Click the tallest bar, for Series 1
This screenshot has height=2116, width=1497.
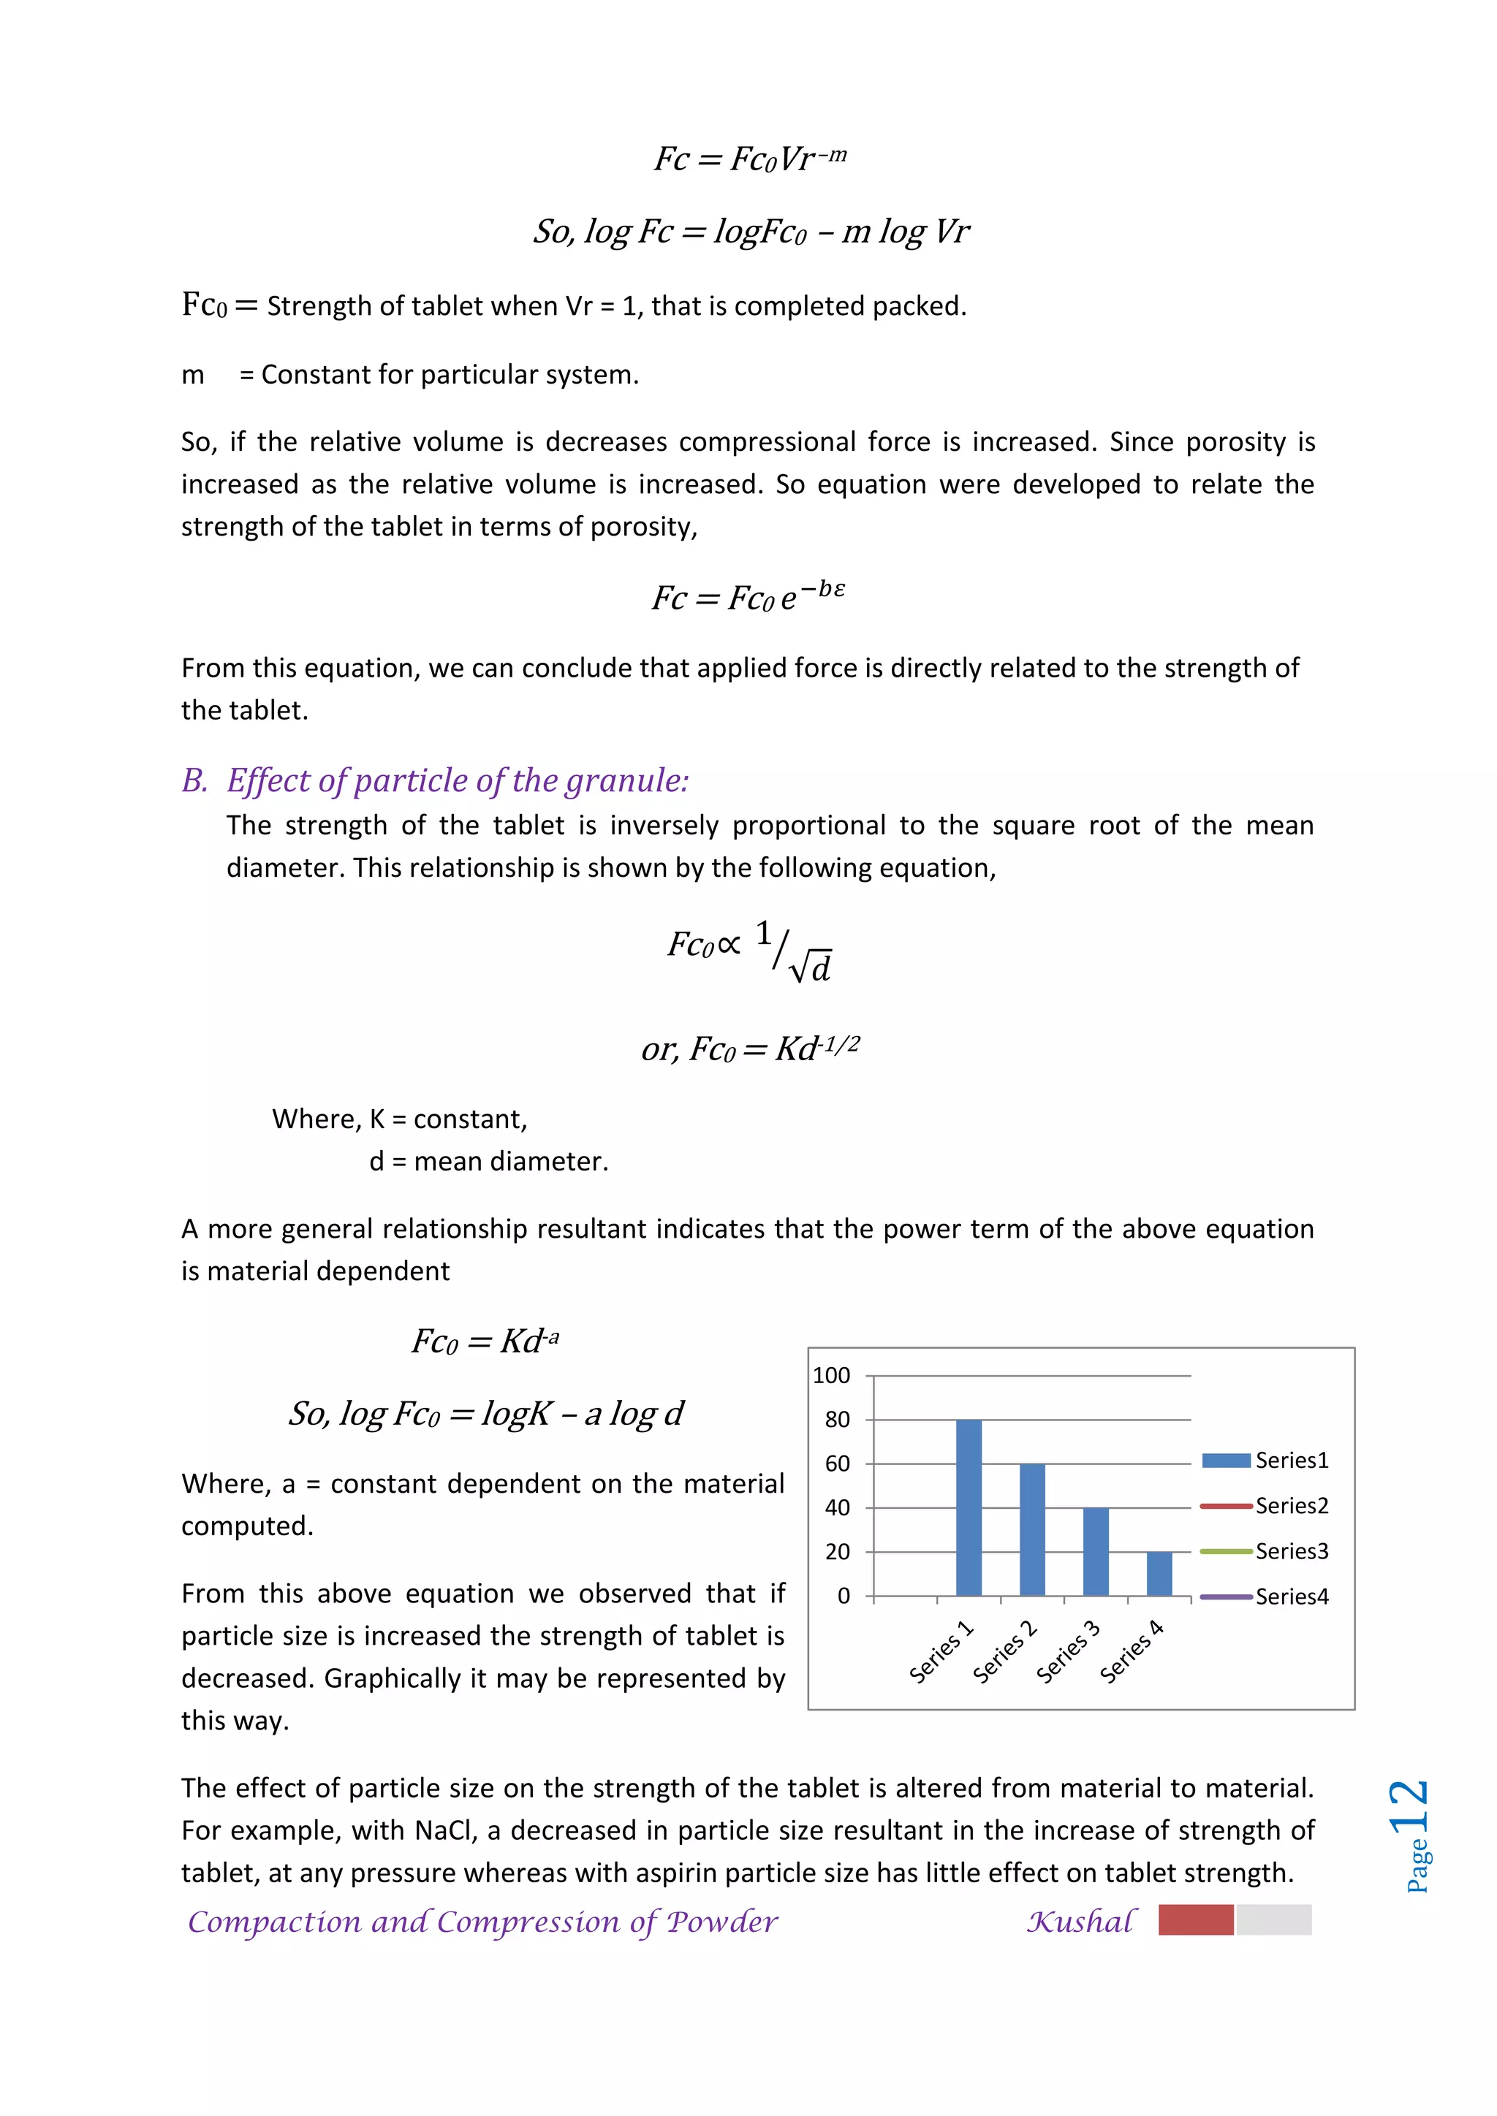968,1508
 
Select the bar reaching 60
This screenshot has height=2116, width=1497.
1031,1530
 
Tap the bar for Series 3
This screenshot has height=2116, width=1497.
1095,1552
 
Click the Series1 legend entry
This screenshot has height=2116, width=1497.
1265,1461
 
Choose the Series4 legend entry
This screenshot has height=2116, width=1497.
1265,1597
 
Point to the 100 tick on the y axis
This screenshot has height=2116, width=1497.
830,1376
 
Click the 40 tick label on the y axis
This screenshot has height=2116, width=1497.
837,1509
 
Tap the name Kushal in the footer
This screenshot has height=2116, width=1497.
1081,1922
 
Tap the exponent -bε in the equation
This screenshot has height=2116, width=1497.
822,588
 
